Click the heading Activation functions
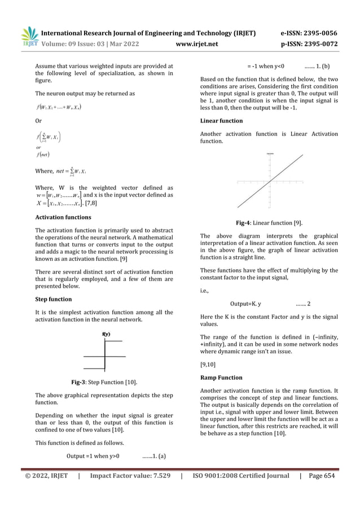(63, 217)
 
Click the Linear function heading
(222, 121)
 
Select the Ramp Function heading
(222, 378)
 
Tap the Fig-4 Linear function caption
(270, 222)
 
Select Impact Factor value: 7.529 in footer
(130, 476)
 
